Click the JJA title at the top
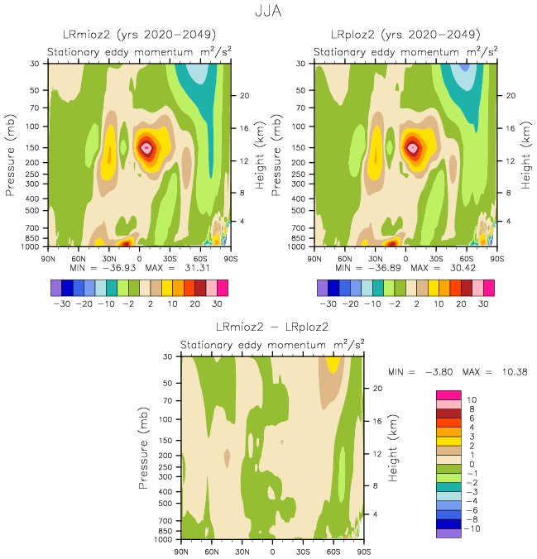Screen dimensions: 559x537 tap(268, 11)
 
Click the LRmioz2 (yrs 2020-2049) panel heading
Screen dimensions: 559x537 tap(139, 35)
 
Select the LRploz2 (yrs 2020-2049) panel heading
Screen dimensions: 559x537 tap(405, 35)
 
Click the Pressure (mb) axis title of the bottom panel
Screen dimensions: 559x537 tap(145, 447)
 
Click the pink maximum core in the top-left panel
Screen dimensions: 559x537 tap(146, 148)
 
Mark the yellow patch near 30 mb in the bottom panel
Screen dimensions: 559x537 tap(333, 363)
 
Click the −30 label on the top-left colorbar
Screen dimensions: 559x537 tap(62, 303)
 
